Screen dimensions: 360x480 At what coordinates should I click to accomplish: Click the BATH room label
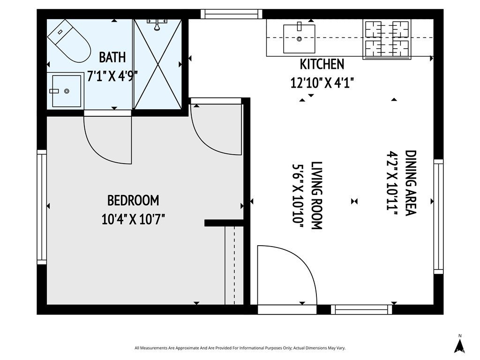coord(112,58)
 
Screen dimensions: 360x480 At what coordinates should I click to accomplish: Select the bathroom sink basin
coord(67,90)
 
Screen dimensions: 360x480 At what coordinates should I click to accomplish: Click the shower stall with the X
coord(157,64)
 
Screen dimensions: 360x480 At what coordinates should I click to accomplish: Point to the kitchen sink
coord(299,39)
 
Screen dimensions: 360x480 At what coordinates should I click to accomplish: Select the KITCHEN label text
coord(322,64)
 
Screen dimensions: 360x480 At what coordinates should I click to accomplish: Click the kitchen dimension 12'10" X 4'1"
coord(322,83)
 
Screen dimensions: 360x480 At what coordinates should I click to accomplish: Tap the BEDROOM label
coord(133,201)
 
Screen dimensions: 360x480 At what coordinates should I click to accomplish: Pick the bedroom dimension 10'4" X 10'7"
coord(133,219)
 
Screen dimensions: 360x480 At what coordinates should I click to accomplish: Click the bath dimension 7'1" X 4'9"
coord(112,76)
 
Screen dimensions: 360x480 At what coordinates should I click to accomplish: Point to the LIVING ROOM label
coord(317,195)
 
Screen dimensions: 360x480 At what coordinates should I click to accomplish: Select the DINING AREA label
coord(410,182)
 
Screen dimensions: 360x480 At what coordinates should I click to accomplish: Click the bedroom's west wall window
coord(42,207)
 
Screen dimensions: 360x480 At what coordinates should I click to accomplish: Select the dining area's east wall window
coord(438,216)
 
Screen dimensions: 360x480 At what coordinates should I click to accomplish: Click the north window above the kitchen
coord(232,14)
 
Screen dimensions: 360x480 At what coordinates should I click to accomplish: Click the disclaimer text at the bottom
coord(240,348)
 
